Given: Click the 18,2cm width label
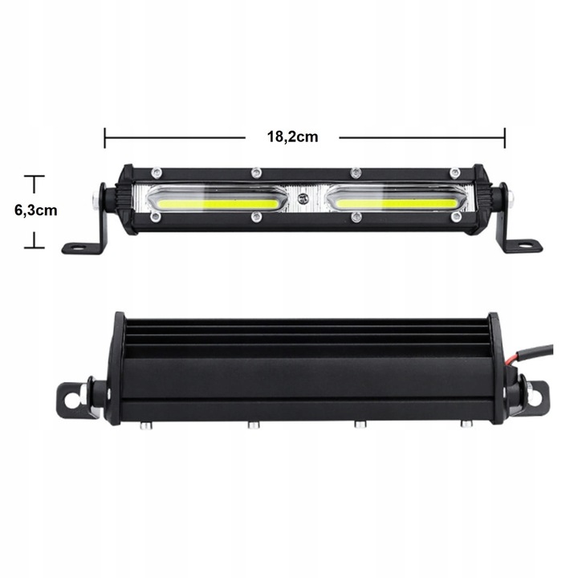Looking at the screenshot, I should [292, 136].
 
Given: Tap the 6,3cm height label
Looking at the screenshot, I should [36, 210].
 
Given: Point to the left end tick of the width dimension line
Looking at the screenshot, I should [105, 137].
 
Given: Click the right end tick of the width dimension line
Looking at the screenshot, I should [505, 137].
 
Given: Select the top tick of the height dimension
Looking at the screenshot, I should [34, 176].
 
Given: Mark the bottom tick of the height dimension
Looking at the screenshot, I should [34, 247].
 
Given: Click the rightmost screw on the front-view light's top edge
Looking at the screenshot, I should [454, 172].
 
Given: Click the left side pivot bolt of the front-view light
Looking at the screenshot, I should [96, 198].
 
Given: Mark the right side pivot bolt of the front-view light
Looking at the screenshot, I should [507, 198].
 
